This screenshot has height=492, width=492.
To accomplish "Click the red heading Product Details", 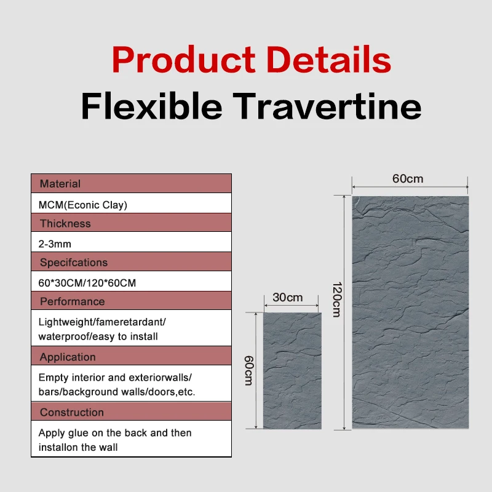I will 251,60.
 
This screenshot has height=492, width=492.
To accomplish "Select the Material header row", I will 131,183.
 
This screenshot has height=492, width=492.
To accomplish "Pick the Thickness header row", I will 131,223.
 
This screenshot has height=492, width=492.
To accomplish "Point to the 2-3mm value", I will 55,244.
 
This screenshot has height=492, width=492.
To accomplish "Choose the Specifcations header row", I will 131,263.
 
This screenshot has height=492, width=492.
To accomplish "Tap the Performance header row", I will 131,301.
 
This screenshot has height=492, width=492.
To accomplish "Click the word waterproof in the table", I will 61,336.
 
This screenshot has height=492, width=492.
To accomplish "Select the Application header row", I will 131,357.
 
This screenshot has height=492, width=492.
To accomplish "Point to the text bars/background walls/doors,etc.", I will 117,392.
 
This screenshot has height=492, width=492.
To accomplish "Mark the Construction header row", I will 131,412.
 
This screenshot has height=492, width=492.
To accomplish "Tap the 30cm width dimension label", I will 288,298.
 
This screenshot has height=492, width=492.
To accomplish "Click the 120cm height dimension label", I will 336,300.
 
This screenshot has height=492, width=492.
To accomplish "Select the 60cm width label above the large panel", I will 408,179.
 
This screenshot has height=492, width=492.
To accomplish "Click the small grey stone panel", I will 292,370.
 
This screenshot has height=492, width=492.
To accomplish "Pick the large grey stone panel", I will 410,312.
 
